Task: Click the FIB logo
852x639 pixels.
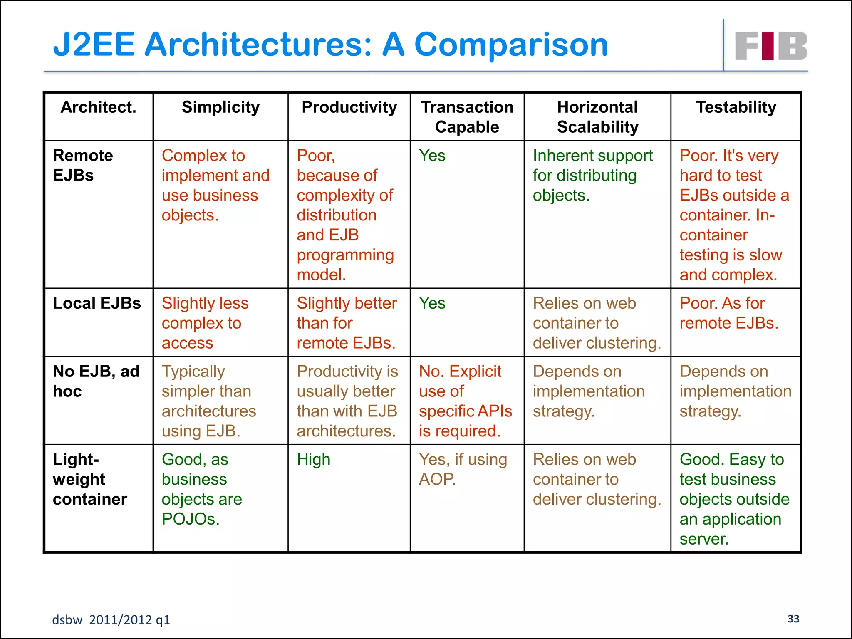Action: (x=770, y=46)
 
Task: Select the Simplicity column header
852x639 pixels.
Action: (x=220, y=107)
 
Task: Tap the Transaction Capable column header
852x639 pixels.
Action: (x=467, y=117)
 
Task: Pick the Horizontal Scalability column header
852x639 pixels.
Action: (x=597, y=117)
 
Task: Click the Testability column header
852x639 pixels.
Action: (x=736, y=107)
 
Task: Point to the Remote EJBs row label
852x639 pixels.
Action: (x=83, y=165)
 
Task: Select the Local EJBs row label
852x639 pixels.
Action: (x=97, y=303)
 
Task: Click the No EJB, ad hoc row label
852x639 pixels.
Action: (x=96, y=381)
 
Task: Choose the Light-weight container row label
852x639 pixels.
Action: (x=90, y=479)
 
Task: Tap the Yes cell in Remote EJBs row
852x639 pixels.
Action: (x=432, y=156)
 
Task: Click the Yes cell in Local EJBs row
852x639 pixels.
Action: (x=432, y=303)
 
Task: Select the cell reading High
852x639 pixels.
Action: (x=313, y=460)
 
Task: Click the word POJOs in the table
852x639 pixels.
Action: (x=190, y=519)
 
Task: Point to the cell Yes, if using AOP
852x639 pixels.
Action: (x=463, y=469)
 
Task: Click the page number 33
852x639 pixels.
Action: (x=793, y=619)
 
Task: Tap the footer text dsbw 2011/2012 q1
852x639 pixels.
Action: (x=111, y=620)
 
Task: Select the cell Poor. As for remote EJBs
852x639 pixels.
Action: (x=728, y=313)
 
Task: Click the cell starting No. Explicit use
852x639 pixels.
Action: (x=465, y=401)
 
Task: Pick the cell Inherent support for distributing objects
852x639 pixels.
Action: (x=592, y=175)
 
